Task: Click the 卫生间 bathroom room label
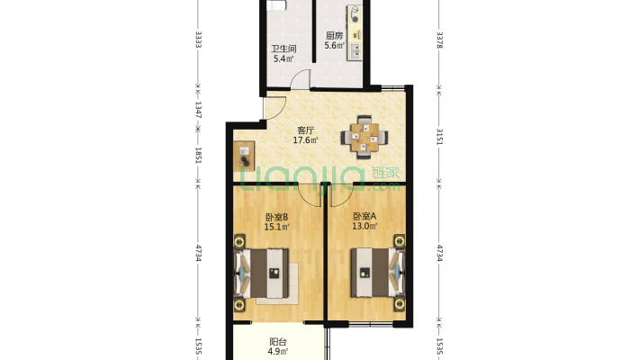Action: [x=283, y=49]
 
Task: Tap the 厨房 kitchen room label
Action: [x=334, y=35]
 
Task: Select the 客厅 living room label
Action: [x=306, y=130]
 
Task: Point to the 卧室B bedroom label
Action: [x=276, y=217]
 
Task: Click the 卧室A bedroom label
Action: [x=364, y=217]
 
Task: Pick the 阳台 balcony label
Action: [x=278, y=342]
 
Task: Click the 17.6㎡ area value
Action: [x=306, y=140]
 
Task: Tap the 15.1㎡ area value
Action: [x=276, y=227]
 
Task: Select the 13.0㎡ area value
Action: [x=364, y=227]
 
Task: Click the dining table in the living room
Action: [x=364, y=138]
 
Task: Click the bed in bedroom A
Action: [x=378, y=273]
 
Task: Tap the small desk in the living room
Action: [x=244, y=156]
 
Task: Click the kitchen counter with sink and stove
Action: [x=355, y=33]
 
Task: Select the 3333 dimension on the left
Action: [x=198, y=40]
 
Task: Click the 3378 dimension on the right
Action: [x=439, y=40]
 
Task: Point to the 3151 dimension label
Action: [x=439, y=137]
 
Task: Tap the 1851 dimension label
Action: [x=198, y=156]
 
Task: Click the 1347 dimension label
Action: [x=198, y=109]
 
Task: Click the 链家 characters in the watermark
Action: [x=385, y=173]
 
